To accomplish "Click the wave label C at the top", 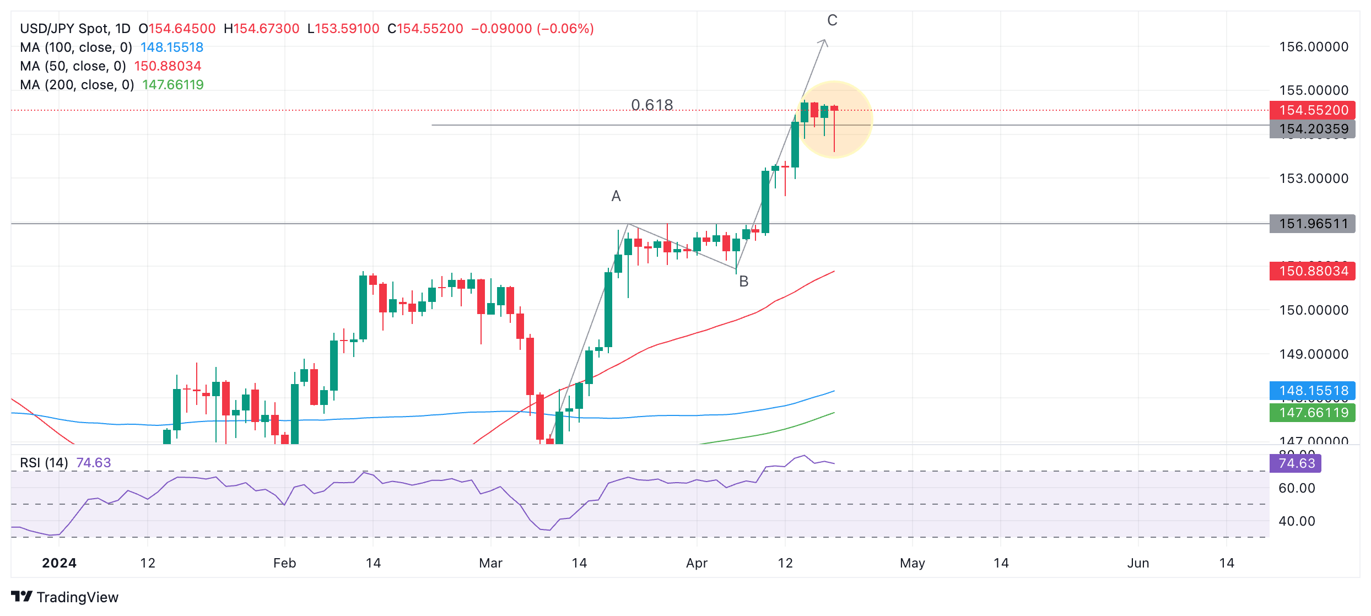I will [832, 20].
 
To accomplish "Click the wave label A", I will [616, 196].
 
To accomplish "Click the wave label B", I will [743, 282].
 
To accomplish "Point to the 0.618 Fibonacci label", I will [652, 105].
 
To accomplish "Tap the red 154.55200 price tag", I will [1312, 110].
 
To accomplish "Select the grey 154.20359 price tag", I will [1312, 129].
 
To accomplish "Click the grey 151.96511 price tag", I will [1312, 224].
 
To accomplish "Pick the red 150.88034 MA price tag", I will [1312, 271].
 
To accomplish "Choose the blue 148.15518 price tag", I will [1312, 391].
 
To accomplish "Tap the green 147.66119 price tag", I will [1312, 413].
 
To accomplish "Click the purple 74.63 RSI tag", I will [1296, 463].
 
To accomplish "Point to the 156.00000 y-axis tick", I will [1313, 47].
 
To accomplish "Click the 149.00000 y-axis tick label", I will [1313, 354].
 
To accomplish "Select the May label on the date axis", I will [912, 563].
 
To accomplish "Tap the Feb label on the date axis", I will [284, 563].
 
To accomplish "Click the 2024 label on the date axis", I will [59, 563].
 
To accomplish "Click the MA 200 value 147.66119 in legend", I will [173, 85].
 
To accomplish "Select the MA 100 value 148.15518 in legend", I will [172, 47].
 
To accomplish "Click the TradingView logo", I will [64, 597].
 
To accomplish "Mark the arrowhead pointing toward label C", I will [823, 41].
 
